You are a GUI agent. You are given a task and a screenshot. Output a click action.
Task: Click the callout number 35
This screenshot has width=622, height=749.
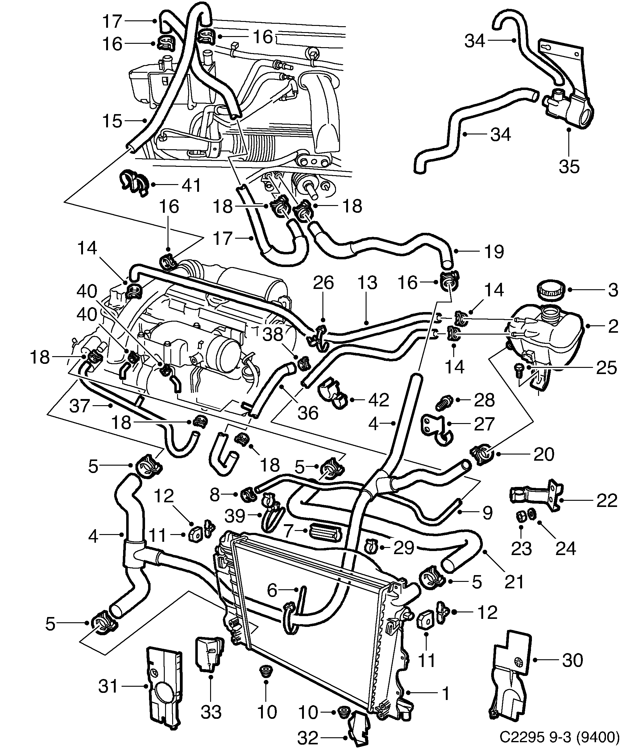[569, 167]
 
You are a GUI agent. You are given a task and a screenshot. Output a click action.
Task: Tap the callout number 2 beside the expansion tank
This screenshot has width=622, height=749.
[613, 326]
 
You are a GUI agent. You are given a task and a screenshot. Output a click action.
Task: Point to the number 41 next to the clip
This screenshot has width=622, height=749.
[191, 185]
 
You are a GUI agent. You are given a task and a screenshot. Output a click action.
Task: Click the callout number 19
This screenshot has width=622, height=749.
[494, 251]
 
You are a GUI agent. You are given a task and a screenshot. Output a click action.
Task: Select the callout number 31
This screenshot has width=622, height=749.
[108, 686]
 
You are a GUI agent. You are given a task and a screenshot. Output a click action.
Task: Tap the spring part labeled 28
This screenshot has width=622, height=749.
[445, 403]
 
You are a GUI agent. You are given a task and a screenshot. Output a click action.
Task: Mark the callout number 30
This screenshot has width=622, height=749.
[572, 661]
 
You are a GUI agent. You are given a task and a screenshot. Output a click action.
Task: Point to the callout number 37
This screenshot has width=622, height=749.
[79, 406]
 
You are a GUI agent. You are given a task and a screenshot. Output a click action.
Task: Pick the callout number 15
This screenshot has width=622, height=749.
[112, 121]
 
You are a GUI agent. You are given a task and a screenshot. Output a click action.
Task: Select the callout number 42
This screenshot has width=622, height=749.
[378, 400]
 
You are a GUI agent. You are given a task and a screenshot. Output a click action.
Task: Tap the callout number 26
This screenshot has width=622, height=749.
[323, 283]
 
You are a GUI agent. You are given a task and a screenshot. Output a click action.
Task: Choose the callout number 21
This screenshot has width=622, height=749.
[514, 582]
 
